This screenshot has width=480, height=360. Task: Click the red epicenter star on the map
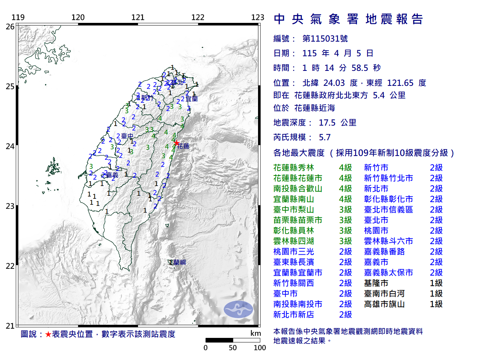[176, 143]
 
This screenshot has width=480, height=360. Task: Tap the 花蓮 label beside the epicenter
[183, 146]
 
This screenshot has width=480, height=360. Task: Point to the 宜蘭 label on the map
[192, 99]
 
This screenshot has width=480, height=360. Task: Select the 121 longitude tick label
[138, 17]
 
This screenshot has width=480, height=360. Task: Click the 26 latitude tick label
[10, 27]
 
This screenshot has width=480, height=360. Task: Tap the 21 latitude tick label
[10, 326]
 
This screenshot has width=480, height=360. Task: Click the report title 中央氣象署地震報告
[348, 19]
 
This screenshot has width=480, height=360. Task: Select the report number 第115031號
[325, 39]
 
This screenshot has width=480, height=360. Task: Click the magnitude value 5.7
[325, 137]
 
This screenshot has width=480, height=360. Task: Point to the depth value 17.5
[327, 123]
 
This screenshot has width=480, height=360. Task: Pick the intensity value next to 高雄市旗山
[436, 304]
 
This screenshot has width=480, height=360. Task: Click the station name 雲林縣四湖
[294, 241]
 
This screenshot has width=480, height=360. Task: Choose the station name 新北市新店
[294, 315]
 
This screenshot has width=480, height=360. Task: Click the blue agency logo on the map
[238, 309]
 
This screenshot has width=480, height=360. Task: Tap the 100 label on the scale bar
[259, 348]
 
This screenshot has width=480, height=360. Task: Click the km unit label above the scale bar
[255, 333]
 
